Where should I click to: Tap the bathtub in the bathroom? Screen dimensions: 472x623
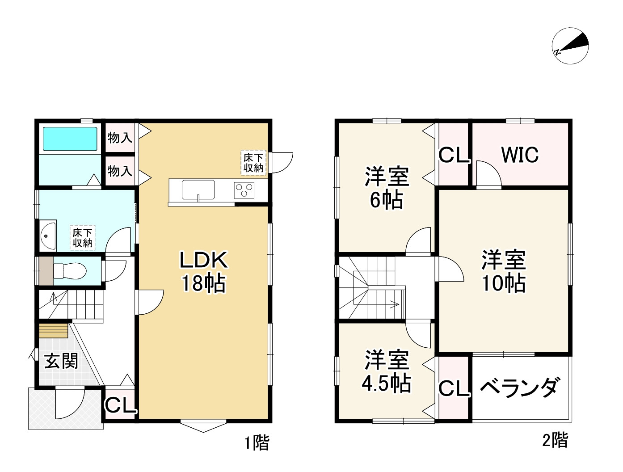tap(69, 139)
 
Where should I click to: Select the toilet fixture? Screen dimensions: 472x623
tap(69, 270)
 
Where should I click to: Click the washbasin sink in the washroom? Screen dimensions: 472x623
tap(47, 235)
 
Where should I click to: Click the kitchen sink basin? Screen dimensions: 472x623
tap(198, 190)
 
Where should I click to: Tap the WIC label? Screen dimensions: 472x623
tap(520, 155)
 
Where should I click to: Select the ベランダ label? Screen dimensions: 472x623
tap(520, 387)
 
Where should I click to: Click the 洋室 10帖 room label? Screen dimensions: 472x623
tap(503, 271)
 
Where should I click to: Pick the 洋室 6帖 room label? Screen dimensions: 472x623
tap(387, 188)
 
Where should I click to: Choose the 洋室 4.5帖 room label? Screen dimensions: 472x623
tap(387, 371)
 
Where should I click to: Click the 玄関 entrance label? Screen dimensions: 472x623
tap(61, 361)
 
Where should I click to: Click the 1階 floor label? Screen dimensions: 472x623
tap(257, 443)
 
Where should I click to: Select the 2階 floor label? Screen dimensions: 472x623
tap(555, 441)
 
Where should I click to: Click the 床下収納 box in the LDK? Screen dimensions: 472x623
tap(253, 162)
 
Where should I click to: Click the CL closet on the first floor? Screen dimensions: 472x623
tap(120, 405)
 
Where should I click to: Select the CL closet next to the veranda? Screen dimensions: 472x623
tap(454, 388)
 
